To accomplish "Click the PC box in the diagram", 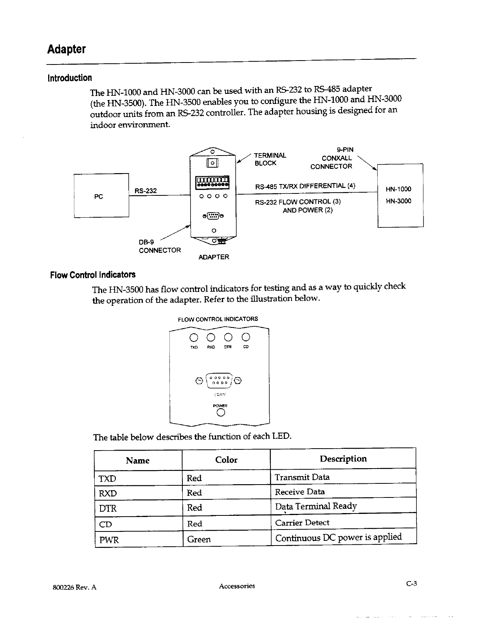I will pyautogui.click(x=101, y=195).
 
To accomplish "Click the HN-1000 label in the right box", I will pyautogui.click(x=398, y=189).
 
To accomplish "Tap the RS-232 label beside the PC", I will pyautogui.click(x=146, y=191).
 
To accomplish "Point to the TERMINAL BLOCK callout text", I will pyautogui.click(x=270, y=159).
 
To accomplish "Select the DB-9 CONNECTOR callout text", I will pyautogui.click(x=160, y=246).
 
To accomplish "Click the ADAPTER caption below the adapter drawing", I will pyautogui.click(x=214, y=257).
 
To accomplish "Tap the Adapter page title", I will pyautogui.click(x=66, y=50).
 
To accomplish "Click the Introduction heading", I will pyautogui.click(x=70, y=78).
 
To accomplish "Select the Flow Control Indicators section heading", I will pyautogui.click(x=93, y=275).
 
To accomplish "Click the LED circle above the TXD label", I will pyautogui.click(x=194, y=337).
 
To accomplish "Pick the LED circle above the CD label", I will pyautogui.click(x=246, y=337).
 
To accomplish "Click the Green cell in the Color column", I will pyautogui.click(x=199, y=539).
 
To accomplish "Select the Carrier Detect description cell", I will pyautogui.click(x=302, y=522).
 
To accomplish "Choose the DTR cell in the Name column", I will pyautogui.click(x=108, y=508).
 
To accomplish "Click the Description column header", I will pyautogui.click(x=343, y=459).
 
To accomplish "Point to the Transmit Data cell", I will pyautogui.click(x=302, y=477).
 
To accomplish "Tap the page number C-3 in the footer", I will pyautogui.click(x=411, y=584).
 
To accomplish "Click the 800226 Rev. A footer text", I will pyautogui.click(x=74, y=587).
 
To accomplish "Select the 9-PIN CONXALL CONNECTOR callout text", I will pyautogui.click(x=332, y=158).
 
